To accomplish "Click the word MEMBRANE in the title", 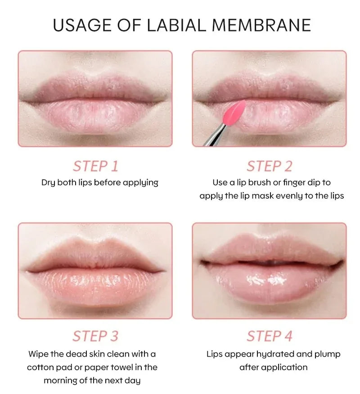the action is click(261, 25).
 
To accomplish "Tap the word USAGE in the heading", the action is click(82, 25).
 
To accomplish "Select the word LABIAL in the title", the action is click(176, 25).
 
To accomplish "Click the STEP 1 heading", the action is click(95, 166).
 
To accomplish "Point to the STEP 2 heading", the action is click(270, 166).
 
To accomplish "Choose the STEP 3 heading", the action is click(95, 336).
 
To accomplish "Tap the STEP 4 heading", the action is click(270, 336).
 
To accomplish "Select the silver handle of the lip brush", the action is click(214, 135).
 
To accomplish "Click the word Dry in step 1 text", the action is click(48, 183).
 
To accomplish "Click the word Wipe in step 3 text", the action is click(38, 354).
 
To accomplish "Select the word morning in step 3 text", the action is click(60, 381).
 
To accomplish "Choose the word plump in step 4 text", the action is click(327, 354).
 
